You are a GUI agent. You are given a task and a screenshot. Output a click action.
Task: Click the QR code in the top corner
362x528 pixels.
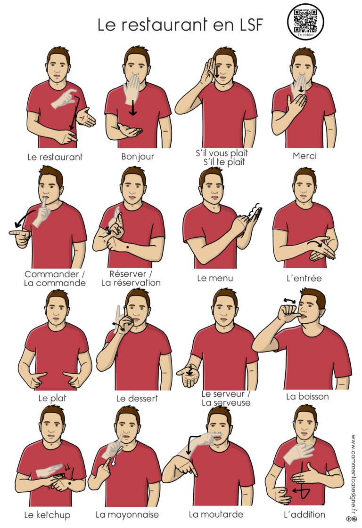coord(305,21)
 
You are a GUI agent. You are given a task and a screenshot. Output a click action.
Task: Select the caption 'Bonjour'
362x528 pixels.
coord(138,157)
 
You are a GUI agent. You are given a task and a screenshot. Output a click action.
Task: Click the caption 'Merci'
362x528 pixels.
coord(304,156)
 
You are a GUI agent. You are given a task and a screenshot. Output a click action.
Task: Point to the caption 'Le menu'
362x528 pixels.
coord(215,278)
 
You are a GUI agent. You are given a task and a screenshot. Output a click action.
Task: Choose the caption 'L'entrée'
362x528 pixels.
coord(304,279)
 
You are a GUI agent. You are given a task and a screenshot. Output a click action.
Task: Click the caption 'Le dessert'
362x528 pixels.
coord(137,399)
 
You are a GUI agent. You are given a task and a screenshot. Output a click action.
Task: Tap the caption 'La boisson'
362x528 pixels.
coord(307,396)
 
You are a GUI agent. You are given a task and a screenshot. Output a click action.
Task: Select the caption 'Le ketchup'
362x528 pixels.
coord(47,514)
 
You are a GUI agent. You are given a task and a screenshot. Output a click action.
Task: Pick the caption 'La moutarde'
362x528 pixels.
coord(216,514)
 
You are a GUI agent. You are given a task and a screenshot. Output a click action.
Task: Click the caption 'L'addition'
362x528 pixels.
coord(304,514)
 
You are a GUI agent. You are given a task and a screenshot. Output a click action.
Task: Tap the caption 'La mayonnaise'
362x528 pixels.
coord(127,515)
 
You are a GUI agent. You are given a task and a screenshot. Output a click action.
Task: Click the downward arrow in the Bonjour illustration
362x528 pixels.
coord(133,107)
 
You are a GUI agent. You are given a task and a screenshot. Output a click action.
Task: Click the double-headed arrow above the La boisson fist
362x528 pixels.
coord(289,300)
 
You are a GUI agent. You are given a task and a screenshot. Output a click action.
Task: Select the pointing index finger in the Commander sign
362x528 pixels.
coord(16,232)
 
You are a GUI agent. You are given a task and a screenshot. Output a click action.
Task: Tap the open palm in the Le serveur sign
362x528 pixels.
coord(189,377)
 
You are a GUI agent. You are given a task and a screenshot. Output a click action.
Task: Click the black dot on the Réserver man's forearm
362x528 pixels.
coord(128,248)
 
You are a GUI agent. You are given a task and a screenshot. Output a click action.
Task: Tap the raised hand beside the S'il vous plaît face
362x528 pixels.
coord(207,71)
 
